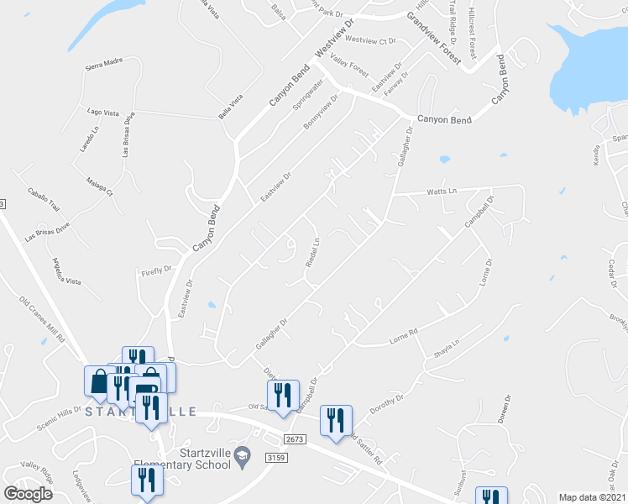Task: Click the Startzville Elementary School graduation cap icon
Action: [243, 454]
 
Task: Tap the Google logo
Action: [28, 494]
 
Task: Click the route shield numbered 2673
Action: [293, 439]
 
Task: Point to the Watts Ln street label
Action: [441, 192]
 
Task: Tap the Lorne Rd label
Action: [403, 339]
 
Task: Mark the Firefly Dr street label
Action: [156, 271]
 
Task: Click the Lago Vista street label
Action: [106, 111]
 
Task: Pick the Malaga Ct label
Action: [99, 185]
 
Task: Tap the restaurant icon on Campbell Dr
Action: [284, 392]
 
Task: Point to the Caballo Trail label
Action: [43, 198]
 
